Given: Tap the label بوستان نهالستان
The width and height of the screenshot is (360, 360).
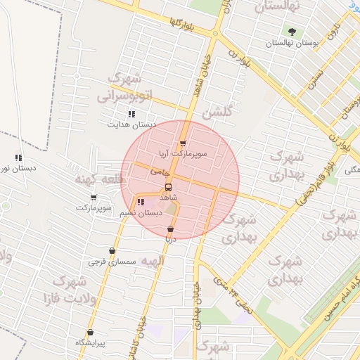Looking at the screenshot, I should tap(292, 43).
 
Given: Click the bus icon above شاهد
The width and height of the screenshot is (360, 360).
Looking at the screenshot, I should tap(168, 188).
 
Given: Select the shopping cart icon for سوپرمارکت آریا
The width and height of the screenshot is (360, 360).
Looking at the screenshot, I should tap(183, 143).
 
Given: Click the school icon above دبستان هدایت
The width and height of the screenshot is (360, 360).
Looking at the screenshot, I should tap(131, 114).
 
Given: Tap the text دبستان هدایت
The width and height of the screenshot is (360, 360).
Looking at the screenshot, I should tap(131, 124).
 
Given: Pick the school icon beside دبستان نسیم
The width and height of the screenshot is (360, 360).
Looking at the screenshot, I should tap(141, 202).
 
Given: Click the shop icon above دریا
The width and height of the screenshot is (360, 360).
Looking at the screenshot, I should tap(170, 229).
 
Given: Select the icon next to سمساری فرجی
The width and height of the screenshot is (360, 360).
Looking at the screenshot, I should tap(112, 251).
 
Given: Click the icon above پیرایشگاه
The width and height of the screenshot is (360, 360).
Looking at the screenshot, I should tap(90, 333).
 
